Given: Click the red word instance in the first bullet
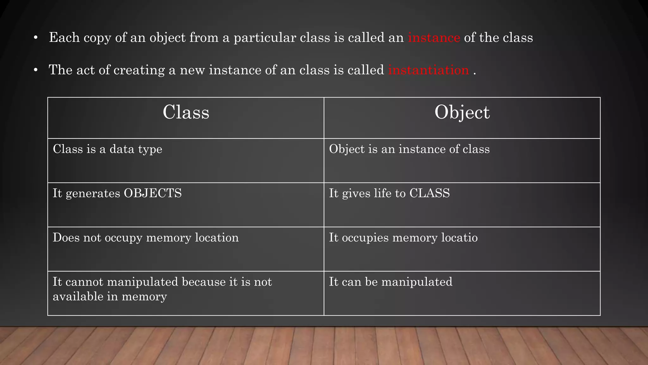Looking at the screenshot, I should click(434, 38).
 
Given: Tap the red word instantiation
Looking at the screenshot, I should click(428, 70).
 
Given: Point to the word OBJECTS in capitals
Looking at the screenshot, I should click(153, 193).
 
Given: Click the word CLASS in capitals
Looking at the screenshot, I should click(429, 193).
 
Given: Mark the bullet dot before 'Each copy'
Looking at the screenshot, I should click(36, 38).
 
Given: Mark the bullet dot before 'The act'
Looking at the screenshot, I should click(36, 70).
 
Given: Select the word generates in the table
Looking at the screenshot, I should click(93, 194).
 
